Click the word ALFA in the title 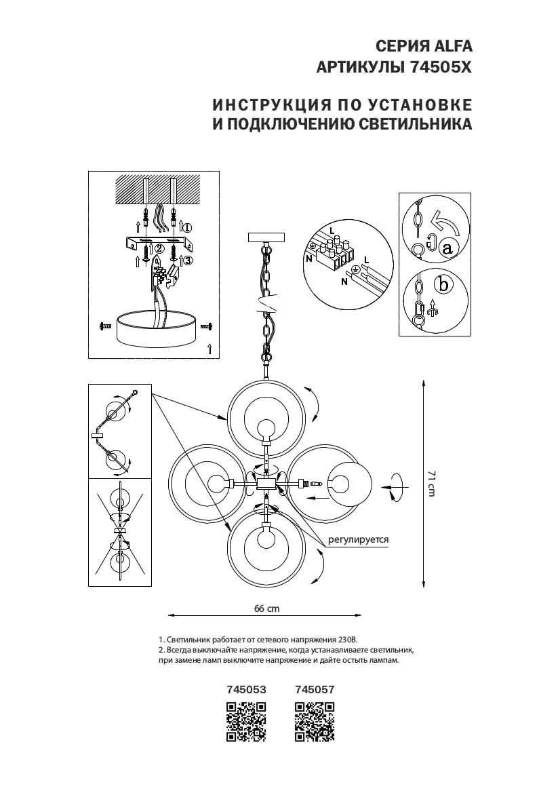point(449,46)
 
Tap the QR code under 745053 point(245,722)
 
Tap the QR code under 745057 point(315,722)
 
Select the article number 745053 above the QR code point(245,689)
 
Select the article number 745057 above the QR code point(315,689)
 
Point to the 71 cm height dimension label point(431,483)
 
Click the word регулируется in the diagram point(359,540)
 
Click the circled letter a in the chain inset point(447,248)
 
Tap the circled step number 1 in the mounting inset point(188,228)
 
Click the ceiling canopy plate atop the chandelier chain point(268,238)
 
